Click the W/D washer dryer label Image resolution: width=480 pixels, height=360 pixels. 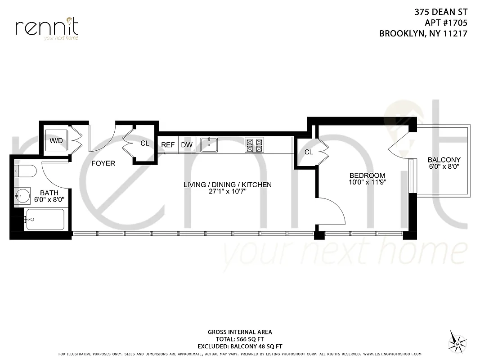click(56, 140)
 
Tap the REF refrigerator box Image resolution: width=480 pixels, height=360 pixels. click(168, 145)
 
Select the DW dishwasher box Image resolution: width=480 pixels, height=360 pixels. click(187, 145)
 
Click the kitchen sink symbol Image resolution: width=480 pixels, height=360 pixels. click(210, 144)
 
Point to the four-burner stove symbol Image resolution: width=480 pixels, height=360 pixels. click(254, 144)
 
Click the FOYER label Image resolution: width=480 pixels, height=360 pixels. click(103, 163)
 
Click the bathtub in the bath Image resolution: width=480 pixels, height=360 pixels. click(45, 219)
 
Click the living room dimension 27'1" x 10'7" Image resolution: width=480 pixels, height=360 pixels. click(227, 192)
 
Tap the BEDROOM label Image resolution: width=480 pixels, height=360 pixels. click(368, 175)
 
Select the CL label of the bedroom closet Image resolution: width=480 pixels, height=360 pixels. click(308, 153)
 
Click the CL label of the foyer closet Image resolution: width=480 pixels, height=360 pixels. click(144, 144)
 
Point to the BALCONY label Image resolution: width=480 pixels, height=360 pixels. click(444, 160)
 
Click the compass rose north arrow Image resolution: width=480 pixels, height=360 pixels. click(458, 341)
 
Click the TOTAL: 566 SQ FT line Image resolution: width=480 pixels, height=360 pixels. click(240, 339)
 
